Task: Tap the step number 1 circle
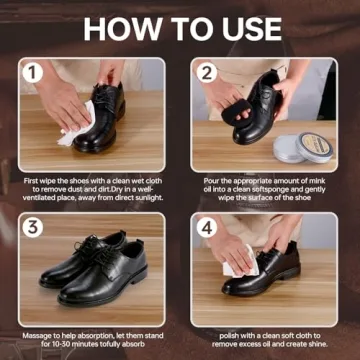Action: (34, 73)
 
